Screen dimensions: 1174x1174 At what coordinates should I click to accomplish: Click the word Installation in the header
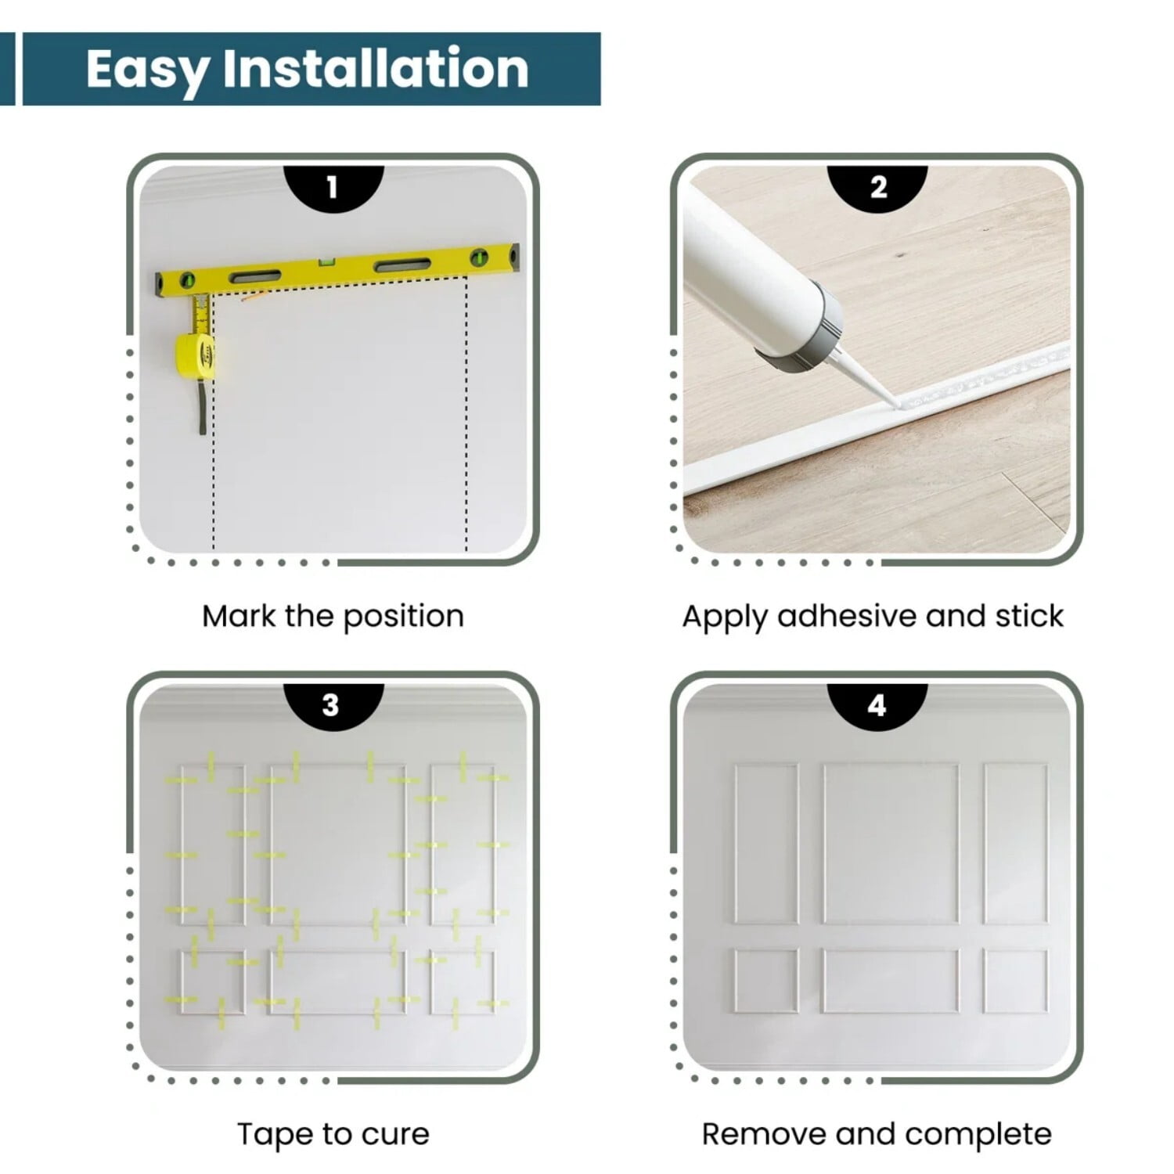376,68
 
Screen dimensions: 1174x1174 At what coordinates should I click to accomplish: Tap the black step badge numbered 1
333,189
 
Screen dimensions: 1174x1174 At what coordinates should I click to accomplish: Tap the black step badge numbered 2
878,189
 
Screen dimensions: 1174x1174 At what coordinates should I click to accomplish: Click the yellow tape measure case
196,351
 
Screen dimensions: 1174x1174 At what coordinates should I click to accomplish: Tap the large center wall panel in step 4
891,844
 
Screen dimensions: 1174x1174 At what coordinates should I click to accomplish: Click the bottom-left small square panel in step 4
766,981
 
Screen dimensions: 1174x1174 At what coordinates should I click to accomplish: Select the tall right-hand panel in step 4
1016,844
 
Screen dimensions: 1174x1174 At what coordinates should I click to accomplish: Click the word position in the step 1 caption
404,618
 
